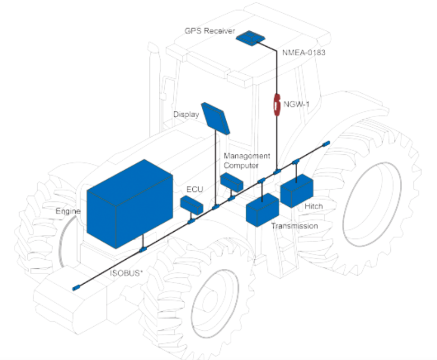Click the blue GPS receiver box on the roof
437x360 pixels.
click(249, 38)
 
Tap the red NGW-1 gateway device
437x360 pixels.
click(276, 104)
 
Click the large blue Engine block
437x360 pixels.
click(129, 204)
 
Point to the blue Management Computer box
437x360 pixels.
click(232, 182)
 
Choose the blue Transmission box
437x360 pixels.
click(262, 209)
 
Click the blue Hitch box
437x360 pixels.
click(296, 191)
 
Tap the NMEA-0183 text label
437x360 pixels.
click(304, 52)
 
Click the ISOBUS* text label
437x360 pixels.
click(126, 274)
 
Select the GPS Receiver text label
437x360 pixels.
click(209, 30)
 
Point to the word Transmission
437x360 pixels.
click(295, 226)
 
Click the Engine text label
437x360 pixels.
click(68, 212)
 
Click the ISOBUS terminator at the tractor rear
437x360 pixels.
click(326, 143)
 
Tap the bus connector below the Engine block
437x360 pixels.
click(142, 249)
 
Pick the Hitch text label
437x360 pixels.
click(314, 206)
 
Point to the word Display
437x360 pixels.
click(186, 115)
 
